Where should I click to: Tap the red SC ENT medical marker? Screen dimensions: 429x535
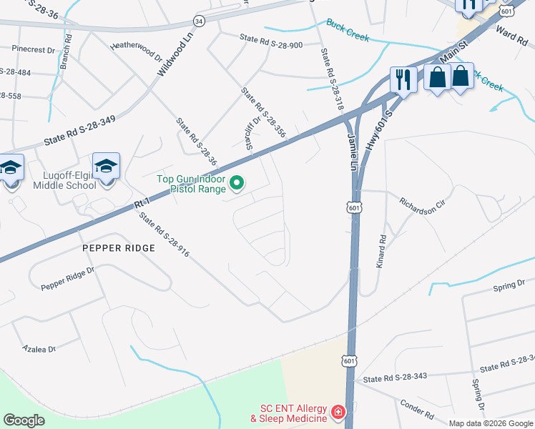tap(337, 412)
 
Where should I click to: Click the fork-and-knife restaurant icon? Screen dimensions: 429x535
tap(403, 79)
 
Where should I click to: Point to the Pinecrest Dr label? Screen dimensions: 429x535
tap(33, 50)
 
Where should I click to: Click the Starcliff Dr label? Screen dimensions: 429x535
tap(251, 134)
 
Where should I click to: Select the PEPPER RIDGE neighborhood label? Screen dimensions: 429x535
tap(119, 248)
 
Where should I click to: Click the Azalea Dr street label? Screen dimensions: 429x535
tap(39, 349)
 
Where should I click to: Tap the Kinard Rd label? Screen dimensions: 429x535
tap(381, 251)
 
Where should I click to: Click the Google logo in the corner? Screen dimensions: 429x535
tap(24, 420)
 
